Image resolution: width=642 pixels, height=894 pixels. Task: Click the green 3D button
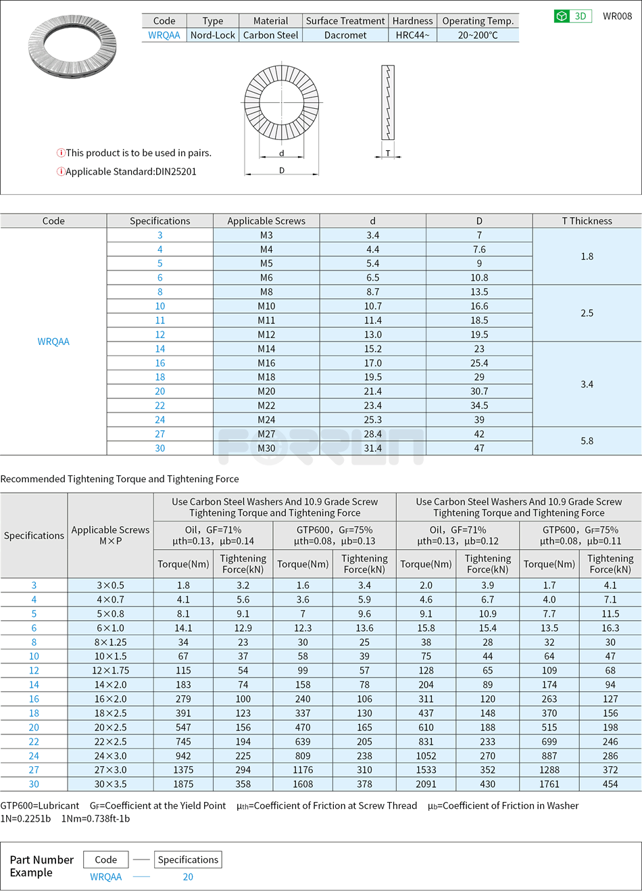pos(572,16)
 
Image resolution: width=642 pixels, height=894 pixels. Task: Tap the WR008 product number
pos(617,16)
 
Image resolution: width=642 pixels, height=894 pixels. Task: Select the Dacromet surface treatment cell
pos(345,35)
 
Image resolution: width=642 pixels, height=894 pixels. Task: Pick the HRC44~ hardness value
pos(412,35)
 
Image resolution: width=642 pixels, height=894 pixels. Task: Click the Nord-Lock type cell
pos(212,35)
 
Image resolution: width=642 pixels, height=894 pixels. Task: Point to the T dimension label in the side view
pos(388,153)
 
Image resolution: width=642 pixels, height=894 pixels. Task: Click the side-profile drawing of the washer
pos(388,103)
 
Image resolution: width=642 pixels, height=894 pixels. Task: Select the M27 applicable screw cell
pos(266,434)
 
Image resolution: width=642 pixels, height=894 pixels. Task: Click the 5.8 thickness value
pos(587,441)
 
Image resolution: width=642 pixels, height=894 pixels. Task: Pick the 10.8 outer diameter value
pos(479,278)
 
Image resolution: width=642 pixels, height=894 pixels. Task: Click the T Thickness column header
pos(587,221)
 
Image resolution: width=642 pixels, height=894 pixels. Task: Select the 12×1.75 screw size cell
pos(110,671)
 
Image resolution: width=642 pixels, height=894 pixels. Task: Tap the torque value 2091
pos(426,784)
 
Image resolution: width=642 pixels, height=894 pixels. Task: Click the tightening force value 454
pos(610,784)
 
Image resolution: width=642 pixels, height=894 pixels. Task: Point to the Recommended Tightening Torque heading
pos(120,479)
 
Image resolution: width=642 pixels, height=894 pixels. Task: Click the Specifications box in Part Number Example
pos(188,860)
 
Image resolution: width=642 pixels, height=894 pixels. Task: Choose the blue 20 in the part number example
pos(188,877)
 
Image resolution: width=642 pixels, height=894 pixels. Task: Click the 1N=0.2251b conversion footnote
pos(26,819)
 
